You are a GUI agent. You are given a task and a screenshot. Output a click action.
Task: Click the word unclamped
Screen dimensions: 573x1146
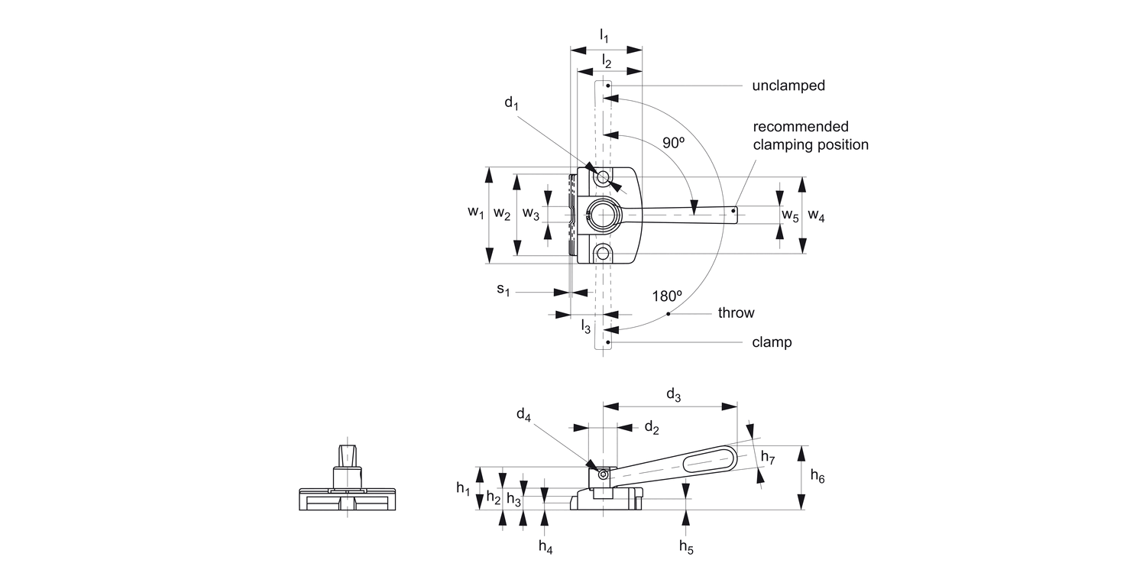[x=788, y=86]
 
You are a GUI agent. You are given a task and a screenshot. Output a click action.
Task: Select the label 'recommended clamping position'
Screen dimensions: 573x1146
[x=810, y=135]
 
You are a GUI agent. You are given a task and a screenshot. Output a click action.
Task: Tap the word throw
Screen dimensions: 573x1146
[x=736, y=312]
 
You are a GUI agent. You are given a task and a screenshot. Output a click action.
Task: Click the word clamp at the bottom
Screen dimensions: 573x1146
[x=771, y=342]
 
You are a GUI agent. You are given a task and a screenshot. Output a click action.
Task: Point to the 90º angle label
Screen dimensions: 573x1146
[x=673, y=143]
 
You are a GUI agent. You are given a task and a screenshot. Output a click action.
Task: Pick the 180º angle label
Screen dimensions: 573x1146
[x=667, y=296]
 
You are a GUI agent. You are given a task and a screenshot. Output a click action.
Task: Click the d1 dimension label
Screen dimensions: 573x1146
[x=511, y=102]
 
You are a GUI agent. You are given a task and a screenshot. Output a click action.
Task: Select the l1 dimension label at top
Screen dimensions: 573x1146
[x=604, y=35]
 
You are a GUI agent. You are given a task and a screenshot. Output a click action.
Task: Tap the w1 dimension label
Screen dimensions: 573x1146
[x=476, y=214]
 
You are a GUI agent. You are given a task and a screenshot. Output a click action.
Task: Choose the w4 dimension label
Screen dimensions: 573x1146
[x=816, y=216]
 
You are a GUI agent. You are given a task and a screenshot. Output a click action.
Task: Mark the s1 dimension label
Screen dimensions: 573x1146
[x=503, y=290]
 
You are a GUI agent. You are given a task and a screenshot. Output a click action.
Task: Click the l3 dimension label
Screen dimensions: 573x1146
[x=586, y=327]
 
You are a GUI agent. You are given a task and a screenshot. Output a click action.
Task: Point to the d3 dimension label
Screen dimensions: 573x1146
[x=673, y=394]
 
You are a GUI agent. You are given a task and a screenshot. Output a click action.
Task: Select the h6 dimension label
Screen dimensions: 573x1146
[x=817, y=477]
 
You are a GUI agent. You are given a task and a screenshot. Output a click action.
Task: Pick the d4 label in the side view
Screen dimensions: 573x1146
[x=523, y=415]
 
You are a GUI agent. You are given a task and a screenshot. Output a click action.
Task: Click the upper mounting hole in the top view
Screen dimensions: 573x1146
[x=603, y=178]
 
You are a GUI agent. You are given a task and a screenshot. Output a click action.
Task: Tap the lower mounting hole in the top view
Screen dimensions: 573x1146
[x=603, y=253]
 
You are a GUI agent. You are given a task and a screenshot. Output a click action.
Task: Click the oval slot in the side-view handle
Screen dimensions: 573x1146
[x=708, y=461]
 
